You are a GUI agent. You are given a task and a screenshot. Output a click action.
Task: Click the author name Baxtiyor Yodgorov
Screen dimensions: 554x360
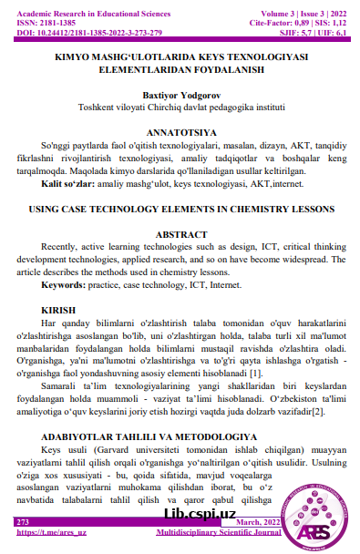179,94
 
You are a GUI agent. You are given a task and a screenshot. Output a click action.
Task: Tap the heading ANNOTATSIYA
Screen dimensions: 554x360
179,130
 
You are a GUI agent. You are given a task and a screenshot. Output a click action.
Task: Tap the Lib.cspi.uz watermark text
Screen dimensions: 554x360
199,513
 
